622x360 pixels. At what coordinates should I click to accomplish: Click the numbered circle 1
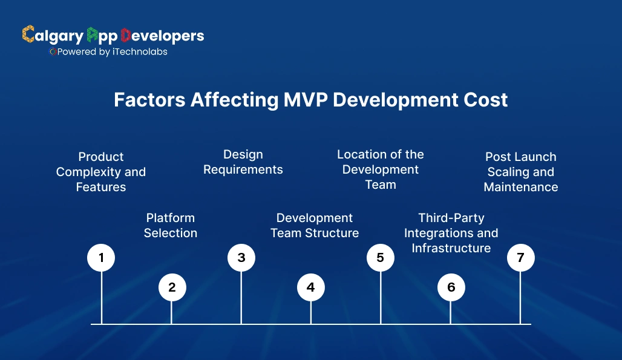pyautogui.click(x=101, y=258)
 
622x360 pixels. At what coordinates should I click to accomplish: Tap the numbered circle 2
pyautogui.click(x=172, y=287)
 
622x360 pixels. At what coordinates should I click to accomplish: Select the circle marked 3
pyautogui.click(x=241, y=258)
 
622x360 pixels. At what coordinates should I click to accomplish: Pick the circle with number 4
pyautogui.click(x=311, y=287)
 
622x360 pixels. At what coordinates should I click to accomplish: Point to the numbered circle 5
pyautogui.click(x=381, y=258)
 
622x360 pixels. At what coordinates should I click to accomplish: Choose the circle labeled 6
pyautogui.click(x=451, y=287)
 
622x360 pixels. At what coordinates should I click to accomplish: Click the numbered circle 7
pyautogui.click(x=520, y=258)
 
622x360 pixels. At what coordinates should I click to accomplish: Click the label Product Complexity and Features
pyautogui.click(x=101, y=172)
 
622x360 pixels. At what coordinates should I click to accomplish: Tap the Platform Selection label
pyautogui.click(x=171, y=225)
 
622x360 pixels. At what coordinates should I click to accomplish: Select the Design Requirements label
pyautogui.click(x=243, y=162)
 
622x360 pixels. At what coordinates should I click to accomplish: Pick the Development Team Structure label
pyautogui.click(x=315, y=225)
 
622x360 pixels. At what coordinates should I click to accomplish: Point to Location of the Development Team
pyautogui.click(x=381, y=169)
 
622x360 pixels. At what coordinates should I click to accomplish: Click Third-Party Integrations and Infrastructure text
pyautogui.click(x=451, y=233)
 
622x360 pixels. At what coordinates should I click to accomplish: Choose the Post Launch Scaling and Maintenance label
pyautogui.click(x=521, y=172)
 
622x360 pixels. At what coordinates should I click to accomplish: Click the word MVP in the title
pyautogui.click(x=306, y=100)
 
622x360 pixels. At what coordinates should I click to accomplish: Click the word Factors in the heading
pyautogui.click(x=149, y=100)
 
